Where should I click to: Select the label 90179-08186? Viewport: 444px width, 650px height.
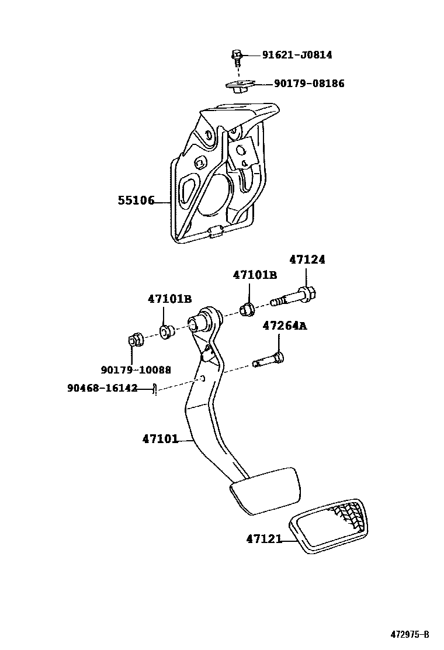click(309, 84)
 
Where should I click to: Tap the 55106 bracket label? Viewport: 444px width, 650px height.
click(136, 200)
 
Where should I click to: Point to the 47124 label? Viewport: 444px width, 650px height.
click(307, 260)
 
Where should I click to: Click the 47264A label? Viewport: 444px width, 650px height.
click(284, 326)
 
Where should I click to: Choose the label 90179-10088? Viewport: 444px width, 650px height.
click(136, 369)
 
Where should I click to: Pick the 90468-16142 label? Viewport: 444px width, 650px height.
click(102, 388)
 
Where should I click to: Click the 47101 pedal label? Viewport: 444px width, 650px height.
click(159, 438)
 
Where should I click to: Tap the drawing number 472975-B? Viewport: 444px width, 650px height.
click(410, 635)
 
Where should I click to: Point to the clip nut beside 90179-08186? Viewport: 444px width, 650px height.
click(237, 86)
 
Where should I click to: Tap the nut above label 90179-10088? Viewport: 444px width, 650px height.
click(136, 340)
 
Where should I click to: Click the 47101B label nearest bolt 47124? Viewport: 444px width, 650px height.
click(254, 275)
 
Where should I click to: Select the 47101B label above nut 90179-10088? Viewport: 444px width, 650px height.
click(169, 299)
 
